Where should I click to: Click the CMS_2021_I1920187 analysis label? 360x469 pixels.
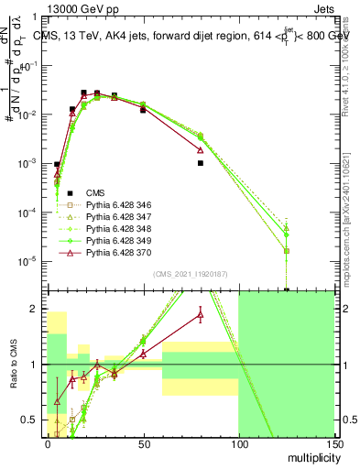tap(191, 273)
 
